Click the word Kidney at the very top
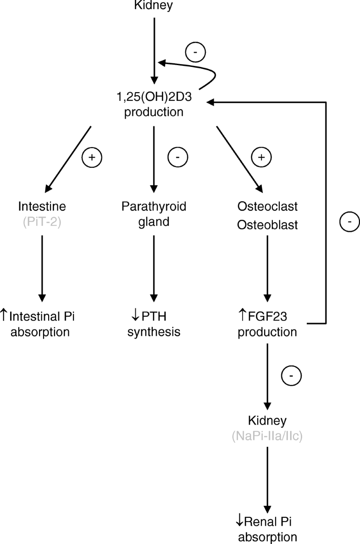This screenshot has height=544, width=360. point(153,5)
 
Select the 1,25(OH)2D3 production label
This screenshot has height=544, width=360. point(153,106)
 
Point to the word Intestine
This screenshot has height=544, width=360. point(43,207)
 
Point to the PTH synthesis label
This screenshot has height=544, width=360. point(154,324)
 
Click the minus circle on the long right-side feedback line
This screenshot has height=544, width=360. point(349,223)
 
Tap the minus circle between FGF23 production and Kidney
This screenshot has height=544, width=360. point(291,376)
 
